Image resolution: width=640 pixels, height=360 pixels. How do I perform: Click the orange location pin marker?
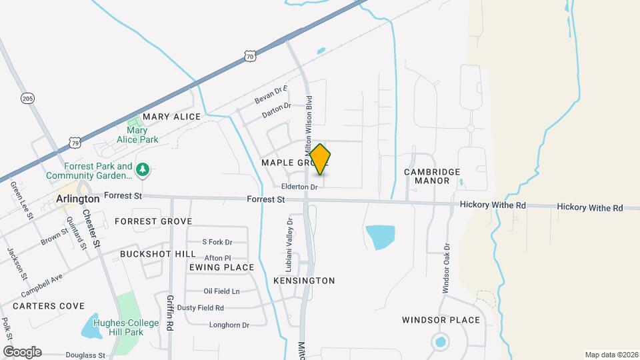coord(320,159)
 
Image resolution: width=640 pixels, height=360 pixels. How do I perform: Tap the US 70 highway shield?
coord(249,57)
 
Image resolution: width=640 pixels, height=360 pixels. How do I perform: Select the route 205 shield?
coord(27,99)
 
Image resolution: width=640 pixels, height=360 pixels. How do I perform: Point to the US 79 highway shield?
coord(75,142)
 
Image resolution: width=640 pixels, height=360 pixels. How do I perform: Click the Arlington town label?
coord(78,199)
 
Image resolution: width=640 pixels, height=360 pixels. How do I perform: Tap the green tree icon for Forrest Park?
coord(142,171)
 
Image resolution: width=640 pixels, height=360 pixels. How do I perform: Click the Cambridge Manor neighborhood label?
coord(432,176)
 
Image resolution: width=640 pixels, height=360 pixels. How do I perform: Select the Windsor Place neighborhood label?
coord(441,320)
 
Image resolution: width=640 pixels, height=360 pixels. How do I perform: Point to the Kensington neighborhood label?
coord(304,281)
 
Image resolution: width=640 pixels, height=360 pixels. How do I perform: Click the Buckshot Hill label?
coord(158,254)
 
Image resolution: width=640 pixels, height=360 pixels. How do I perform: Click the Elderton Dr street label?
coord(299,187)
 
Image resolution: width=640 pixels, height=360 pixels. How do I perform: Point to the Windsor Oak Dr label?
coord(447,267)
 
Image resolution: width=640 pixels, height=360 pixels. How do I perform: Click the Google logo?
coord(22,352)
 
